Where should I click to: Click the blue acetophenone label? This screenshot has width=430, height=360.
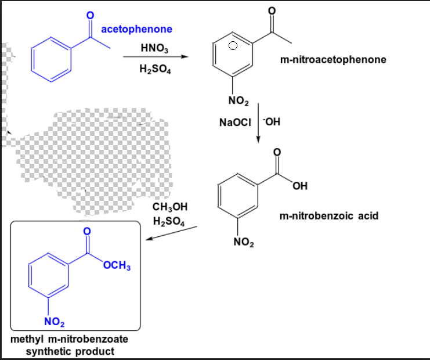coord(136,29)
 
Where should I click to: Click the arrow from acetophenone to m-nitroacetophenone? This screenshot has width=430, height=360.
coord(156,57)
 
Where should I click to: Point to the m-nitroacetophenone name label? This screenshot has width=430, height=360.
coord(333,59)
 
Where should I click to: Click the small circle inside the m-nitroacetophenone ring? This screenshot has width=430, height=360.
coord(232,45)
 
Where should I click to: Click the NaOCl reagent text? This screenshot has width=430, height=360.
coord(234,123)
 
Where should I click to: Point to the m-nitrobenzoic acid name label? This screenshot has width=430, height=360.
coord(328,216)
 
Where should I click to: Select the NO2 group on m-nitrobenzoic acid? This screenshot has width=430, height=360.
coord(243,242)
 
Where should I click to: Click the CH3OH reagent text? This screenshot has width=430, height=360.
coord(169,207)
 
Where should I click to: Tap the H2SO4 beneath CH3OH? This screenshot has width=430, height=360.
coord(169,221)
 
